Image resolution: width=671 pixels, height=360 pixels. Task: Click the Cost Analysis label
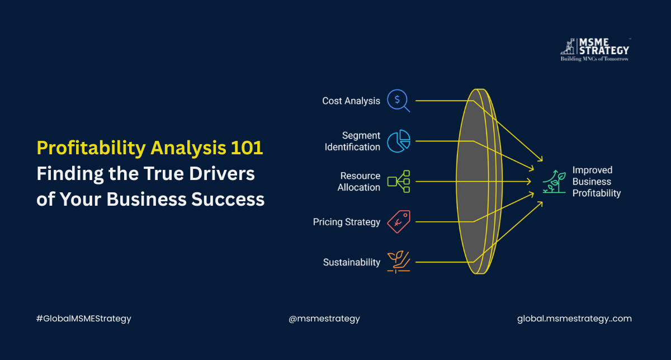(351, 101)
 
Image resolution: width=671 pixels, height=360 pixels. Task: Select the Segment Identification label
(352, 141)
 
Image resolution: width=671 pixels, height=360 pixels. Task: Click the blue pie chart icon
(399, 141)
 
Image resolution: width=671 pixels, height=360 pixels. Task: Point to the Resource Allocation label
(358, 182)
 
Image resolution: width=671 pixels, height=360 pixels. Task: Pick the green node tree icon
(399, 182)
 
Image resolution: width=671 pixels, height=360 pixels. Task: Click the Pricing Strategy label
(346, 222)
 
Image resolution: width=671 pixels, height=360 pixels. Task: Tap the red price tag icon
(399, 222)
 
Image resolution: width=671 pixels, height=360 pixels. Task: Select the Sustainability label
(351, 262)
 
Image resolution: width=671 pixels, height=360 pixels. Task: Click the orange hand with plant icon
(399, 262)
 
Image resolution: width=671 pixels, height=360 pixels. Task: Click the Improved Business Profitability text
(596, 182)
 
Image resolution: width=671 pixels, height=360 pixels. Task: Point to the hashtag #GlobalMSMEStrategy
(84, 319)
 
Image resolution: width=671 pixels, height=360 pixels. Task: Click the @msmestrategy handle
(324, 319)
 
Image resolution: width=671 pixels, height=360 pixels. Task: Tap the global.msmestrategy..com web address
(574, 319)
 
